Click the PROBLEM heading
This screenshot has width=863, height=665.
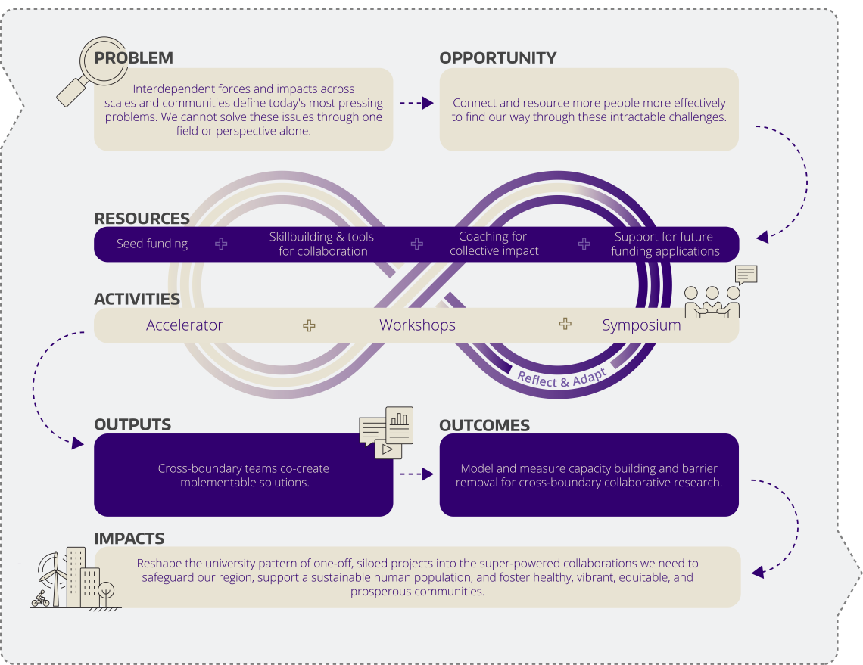[x=134, y=57]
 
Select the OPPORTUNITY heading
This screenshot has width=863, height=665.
[x=497, y=57]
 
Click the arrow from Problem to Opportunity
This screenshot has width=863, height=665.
[x=416, y=103]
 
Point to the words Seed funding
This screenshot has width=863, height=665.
[x=152, y=244]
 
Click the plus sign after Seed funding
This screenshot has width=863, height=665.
[x=221, y=244]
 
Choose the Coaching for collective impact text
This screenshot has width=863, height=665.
[x=494, y=244]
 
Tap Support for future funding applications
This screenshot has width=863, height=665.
[x=665, y=244]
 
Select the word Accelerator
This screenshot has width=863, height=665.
[x=185, y=325]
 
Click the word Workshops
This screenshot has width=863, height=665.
[x=417, y=325]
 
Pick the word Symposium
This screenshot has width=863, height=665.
[x=641, y=325]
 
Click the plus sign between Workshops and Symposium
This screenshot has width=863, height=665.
[x=565, y=324]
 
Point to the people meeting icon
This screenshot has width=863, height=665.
[x=720, y=292]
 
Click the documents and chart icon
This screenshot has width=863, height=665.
[x=386, y=433]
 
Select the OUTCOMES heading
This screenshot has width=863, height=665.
[x=484, y=425]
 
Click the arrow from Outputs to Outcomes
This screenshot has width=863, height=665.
[x=416, y=474]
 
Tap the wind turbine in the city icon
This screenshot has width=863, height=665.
[x=54, y=577]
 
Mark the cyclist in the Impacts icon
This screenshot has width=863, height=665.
[x=40, y=599]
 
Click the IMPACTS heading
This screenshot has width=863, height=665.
[x=129, y=539]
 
